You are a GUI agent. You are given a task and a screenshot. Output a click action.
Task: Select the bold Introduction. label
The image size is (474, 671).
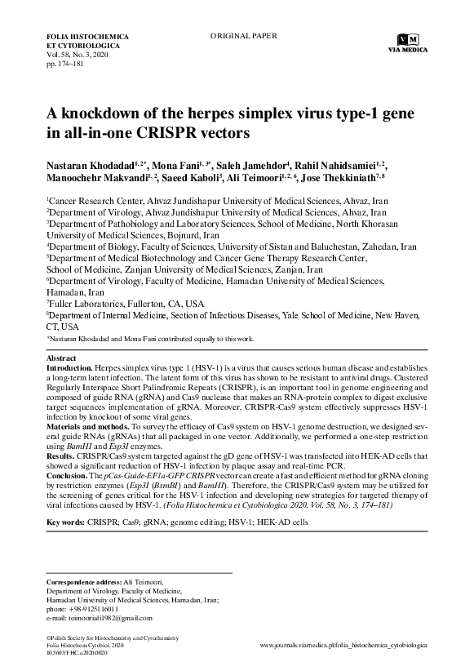click(x=73, y=368)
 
